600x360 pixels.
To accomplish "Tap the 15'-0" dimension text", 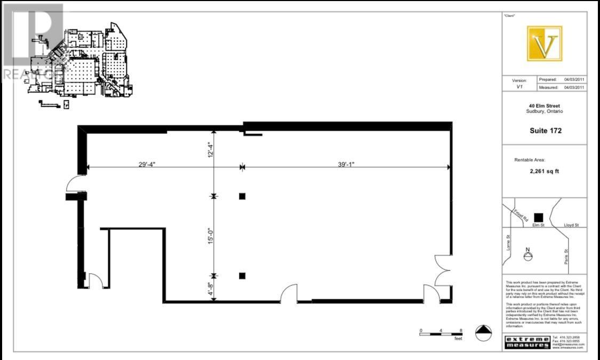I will coord(211,236).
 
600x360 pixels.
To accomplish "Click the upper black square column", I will coord(242,196).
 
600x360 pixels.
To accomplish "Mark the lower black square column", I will coord(242,276).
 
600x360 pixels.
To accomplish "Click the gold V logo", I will coord(544,43).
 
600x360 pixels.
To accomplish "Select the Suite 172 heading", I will coord(545,131).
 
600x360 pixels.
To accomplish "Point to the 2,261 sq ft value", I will coord(545,172).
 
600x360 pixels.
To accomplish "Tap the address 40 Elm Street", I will coord(545,106).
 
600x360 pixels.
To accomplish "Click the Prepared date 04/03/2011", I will coord(574,79).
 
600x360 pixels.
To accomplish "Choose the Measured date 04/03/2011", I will coord(574,87).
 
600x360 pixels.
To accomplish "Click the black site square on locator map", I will coord(538,217).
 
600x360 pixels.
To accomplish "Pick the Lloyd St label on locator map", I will coord(572,226).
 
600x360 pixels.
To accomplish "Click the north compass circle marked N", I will coord(527,257).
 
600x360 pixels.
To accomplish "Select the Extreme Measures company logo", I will coord(527,342).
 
